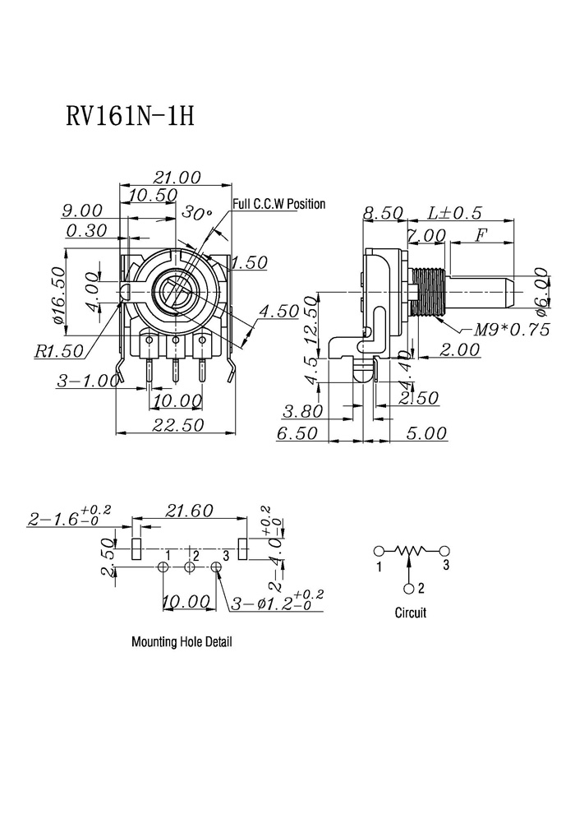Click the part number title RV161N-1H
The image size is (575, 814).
[x=130, y=116]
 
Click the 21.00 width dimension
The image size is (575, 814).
[x=177, y=178]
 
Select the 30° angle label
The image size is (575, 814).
[x=196, y=213]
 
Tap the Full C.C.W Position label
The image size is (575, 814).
[x=279, y=204]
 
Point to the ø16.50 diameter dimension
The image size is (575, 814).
[x=60, y=295]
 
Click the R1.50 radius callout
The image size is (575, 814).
[x=58, y=351]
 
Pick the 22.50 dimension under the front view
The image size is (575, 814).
[x=178, y=424]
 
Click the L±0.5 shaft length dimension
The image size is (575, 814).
[x=454, y=212]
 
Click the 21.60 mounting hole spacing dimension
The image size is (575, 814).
[x=189, y=511]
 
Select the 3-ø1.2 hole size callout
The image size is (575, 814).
[x=277, y=602]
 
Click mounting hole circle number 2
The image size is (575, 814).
[x=190, y=567]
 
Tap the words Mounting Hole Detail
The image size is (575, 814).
[x=182, y=641]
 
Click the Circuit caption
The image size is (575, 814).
[x=411, y=613]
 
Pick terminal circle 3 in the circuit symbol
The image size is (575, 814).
[x=444, y=551]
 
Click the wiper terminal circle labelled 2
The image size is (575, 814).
[x=410, y=588]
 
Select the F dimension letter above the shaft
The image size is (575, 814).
[x=481, y=235]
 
